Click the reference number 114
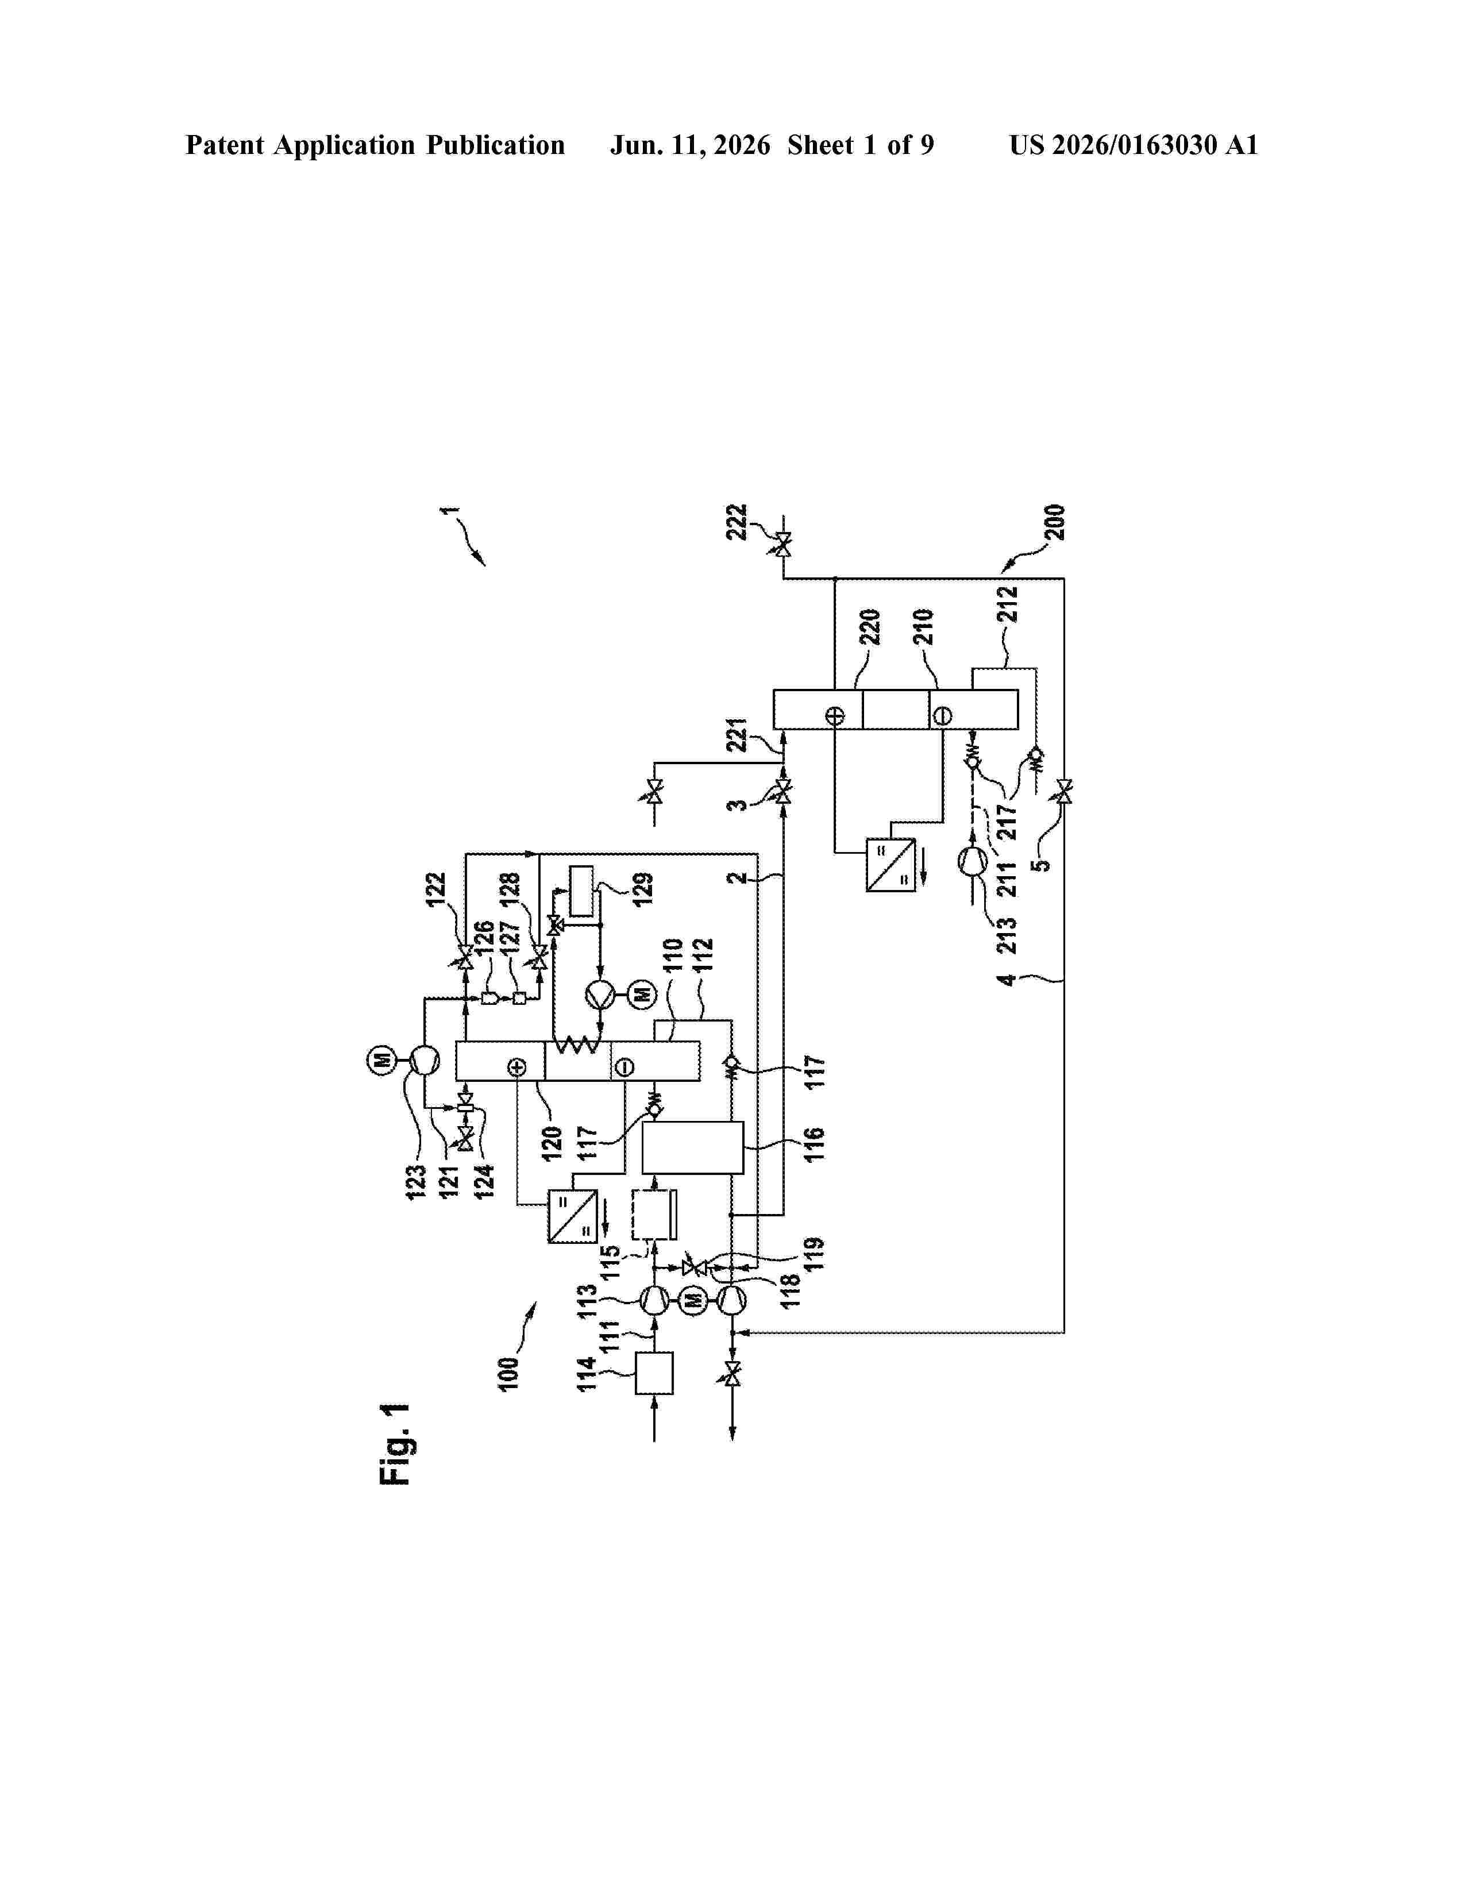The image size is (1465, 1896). point(587,1374)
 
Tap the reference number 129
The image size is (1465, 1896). point(643,890)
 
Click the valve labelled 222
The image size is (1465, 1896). point(784,546)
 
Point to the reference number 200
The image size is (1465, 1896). point(1055,523)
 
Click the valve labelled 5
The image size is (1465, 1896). point(1064,792)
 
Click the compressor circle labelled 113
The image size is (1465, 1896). point(654,1300)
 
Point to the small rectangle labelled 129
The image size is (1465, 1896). point(581,891)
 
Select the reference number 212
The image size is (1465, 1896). point(1007,604)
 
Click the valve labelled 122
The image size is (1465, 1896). point(465,958)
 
